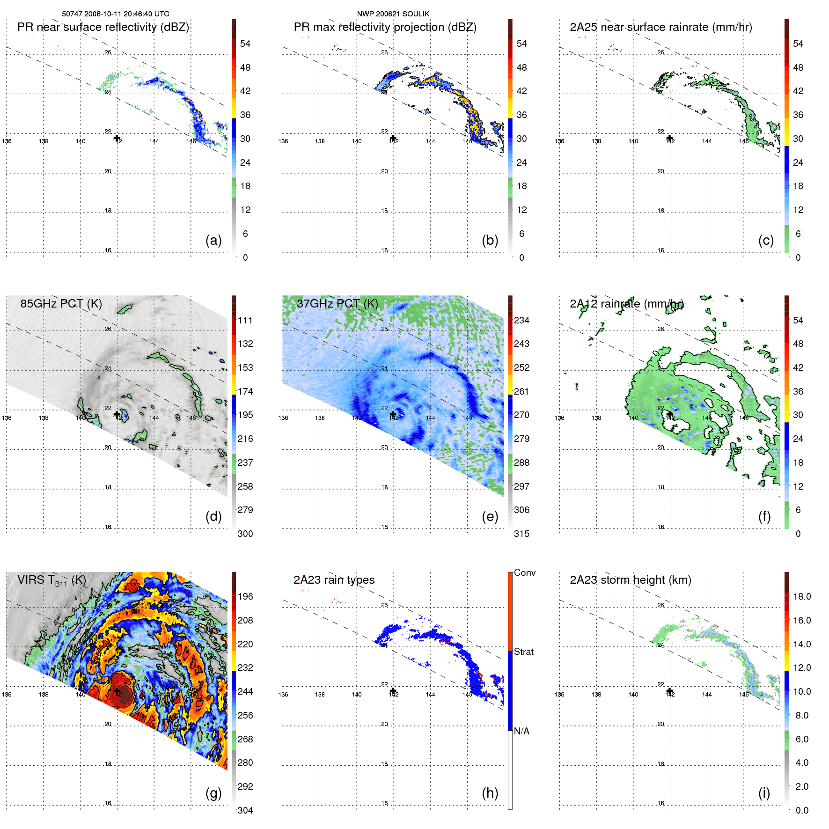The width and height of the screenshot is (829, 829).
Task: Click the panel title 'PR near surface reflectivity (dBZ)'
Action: (x=103, y=27)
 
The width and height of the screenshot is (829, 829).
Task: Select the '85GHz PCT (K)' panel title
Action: (x=61, y=304)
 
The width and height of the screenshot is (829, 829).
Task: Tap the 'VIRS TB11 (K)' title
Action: (x=51, y=580)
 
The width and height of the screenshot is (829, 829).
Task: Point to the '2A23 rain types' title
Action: (x=334, y=580)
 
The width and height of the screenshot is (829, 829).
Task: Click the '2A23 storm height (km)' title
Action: (x=630, y=580)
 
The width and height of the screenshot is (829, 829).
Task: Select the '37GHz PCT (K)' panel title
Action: (x=337, y=304)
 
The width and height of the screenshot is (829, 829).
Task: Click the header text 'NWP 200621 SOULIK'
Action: (x=393, y=14)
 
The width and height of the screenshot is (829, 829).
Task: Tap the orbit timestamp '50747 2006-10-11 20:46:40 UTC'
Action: (x=116, y=14)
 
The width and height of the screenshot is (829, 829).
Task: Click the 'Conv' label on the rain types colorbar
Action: (x=524, y=573)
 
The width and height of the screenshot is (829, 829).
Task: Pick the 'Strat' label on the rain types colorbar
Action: (x=523, y=652)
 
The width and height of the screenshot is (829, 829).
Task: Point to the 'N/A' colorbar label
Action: (x=521, y=731)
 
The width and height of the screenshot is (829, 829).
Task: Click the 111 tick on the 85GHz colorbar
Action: (x=245, y=321)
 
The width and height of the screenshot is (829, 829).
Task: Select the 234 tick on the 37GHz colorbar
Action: (x=521, y=321)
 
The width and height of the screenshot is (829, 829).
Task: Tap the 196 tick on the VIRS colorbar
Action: (x=245, y=597)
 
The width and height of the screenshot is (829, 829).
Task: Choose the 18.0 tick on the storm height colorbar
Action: (x=802, y=597)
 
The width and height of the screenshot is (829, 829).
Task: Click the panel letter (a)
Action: (x=213, y=241)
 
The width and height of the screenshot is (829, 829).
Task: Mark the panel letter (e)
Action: (x=490, y=517)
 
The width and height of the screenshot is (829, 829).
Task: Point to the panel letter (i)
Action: (x=764, y=793)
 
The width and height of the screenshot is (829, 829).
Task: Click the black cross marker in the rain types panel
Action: (x=393, y=691)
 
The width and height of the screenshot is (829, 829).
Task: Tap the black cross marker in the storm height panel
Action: (x=669, y=691)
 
